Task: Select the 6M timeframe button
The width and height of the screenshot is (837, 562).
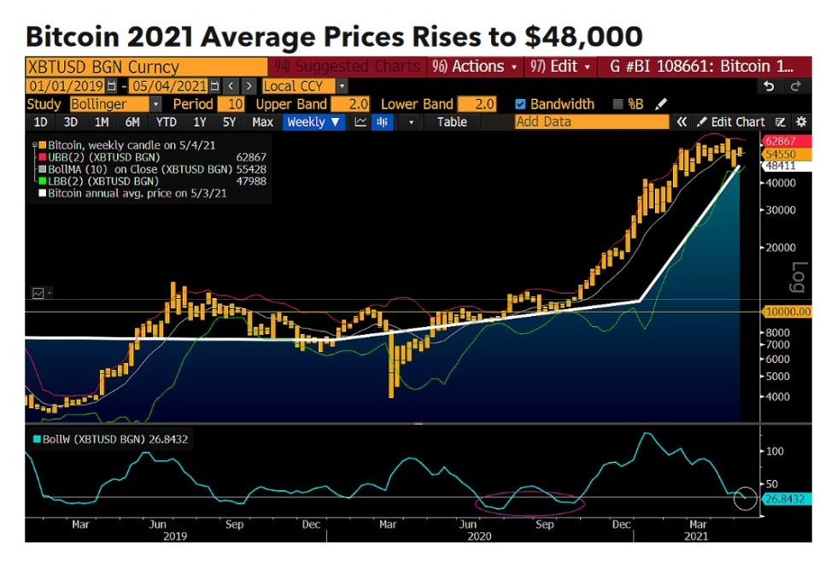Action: coord(132,122)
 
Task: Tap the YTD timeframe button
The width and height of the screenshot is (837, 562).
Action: coord(167,122)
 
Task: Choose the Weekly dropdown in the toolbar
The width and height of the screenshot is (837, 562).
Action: coord(313,122)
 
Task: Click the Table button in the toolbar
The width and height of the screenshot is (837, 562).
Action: coord(452,122)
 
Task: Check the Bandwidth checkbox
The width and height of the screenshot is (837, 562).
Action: coord(521,104)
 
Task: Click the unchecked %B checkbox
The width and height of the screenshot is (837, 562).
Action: coord(618,104)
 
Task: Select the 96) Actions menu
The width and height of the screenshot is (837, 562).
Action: coord(476,66)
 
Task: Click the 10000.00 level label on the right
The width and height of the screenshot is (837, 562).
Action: coord(787,312)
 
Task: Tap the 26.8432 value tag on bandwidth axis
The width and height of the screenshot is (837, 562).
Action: coord(785,499)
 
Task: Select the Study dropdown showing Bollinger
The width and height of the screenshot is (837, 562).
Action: coord(114,104)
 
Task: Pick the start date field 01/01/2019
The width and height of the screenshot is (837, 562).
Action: coord(66,86)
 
